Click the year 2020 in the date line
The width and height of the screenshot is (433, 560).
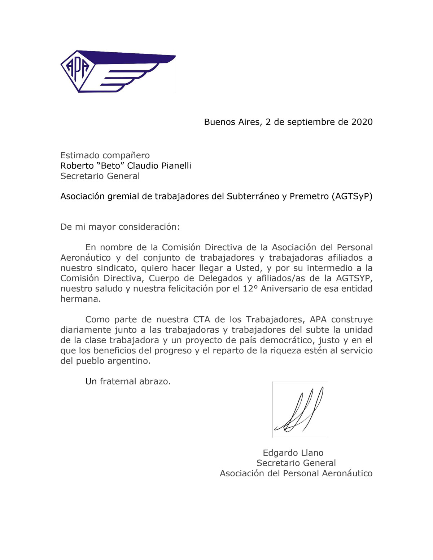click(362, 122)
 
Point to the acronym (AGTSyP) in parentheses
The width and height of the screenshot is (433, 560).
click(352, 196)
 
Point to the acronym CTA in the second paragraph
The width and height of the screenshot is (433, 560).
click(201, 319)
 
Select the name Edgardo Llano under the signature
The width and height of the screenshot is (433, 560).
click(293, 453)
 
